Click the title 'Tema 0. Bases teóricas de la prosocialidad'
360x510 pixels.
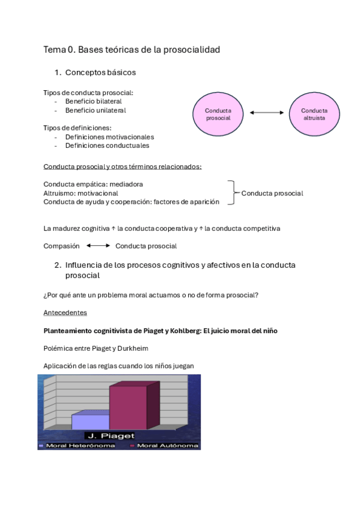tap(132, 50)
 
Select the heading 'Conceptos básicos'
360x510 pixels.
tap(100, 73)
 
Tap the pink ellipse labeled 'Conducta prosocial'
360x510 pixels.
tap(218, 114)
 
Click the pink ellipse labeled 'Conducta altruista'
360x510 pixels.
tap(314, 114)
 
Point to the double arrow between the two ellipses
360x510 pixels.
tap(266, 112)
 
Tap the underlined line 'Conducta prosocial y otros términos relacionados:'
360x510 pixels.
tap(123, 167)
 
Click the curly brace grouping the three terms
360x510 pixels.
tap(231, 193)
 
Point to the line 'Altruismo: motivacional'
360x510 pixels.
tap(81, 193)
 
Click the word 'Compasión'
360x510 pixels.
tap(61, 246)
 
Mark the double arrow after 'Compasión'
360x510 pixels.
tap(98, 246)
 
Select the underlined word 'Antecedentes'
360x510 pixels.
tap(65, 313)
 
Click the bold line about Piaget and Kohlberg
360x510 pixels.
tap(160, 331)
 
